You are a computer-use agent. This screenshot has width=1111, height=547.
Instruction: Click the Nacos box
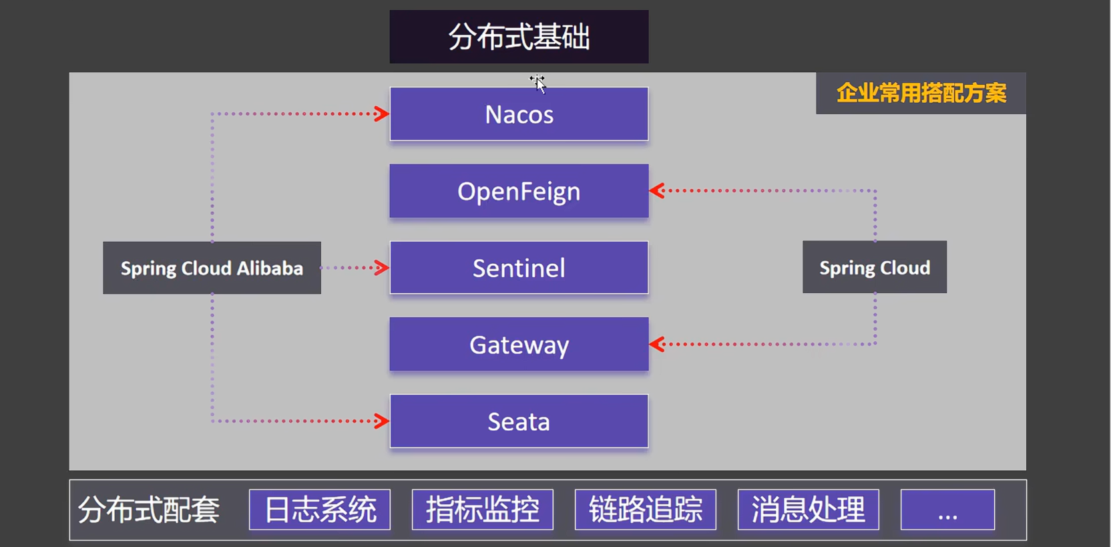point(519,114)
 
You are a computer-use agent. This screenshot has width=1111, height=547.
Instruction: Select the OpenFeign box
point(519,191)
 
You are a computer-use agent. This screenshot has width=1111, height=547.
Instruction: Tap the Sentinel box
point(519,268)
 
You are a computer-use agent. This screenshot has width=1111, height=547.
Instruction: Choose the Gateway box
point(519,345)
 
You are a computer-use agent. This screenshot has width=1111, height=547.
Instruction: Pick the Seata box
point(519,421)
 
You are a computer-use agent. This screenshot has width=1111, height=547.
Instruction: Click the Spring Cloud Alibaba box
point(212,268)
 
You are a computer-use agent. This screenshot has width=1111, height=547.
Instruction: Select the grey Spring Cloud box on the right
point(875,267)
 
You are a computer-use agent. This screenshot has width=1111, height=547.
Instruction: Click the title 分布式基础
point(519,37)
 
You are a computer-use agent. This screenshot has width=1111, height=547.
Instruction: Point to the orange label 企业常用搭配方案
point(921,93)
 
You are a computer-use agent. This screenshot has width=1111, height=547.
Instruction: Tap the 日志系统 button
point(320,510)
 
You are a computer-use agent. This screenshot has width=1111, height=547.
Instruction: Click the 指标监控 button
point(483,510)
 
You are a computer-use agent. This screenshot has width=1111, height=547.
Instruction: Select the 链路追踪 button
point(646,510)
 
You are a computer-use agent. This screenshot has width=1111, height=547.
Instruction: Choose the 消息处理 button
point(809,510)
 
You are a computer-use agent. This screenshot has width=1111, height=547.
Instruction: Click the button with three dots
point(947,510)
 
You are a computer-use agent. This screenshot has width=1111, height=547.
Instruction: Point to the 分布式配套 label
point(149,510)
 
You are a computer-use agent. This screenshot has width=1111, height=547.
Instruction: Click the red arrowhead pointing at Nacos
point(382,114)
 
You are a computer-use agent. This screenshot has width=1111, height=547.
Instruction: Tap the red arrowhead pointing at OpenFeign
point(657,191)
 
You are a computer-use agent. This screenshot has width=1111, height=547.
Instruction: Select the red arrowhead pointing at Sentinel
point(382,268)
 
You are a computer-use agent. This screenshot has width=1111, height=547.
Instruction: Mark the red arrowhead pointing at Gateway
point(657,345)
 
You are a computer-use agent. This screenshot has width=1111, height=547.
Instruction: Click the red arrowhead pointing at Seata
point(382,421)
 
